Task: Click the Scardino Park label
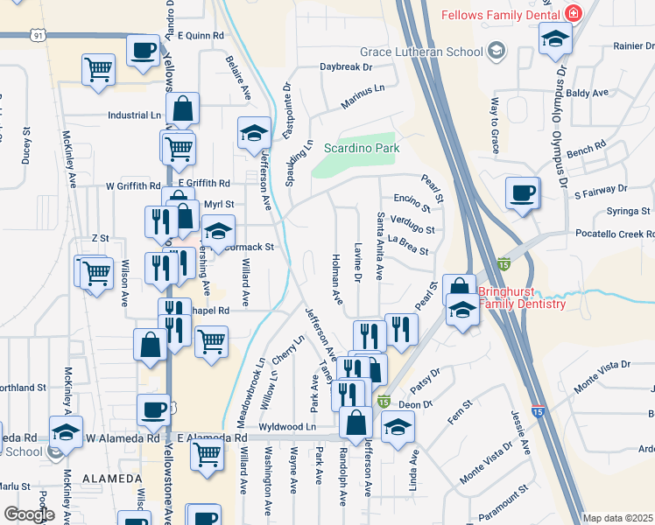pyautogui.click(x=362, y=149)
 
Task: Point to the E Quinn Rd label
pyautogui.click(x=201, y=35)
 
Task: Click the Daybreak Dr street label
pyautogui.click(x=346, y=66)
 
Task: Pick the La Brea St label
pyautogui.click(x=408, y=247)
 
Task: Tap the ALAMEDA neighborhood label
pyautogui.click(x=112, y=479)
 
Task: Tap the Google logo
pyautogui.click(x=29, y=514)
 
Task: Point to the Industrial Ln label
pyautogui.click(x=134, y=115)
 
